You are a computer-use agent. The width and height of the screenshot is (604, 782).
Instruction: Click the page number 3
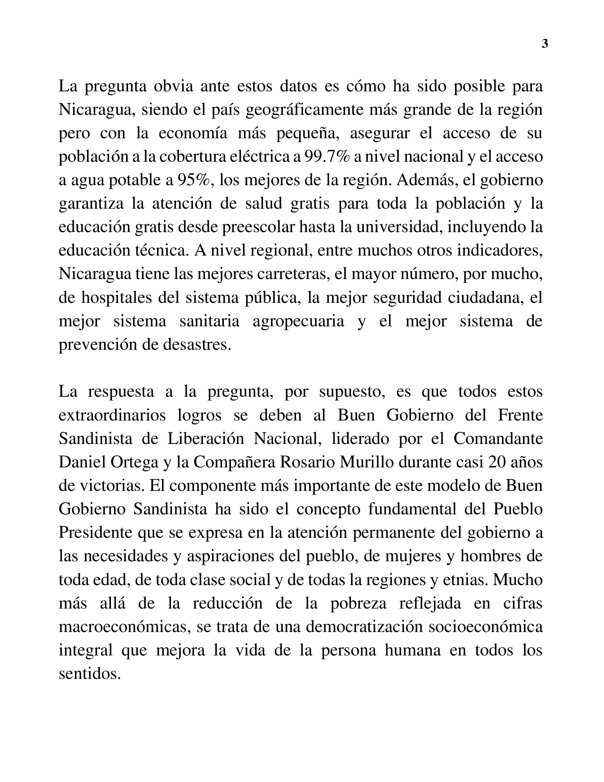(x=545, y=44)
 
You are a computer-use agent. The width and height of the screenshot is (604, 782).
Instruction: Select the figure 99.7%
(x=327, y=156)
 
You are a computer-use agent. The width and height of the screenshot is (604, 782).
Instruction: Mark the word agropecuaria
(x=298, y=321)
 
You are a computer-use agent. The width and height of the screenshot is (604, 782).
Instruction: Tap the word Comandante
(x=498, y=439)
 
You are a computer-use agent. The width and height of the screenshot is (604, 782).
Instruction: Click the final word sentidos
(x=89, y=674)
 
